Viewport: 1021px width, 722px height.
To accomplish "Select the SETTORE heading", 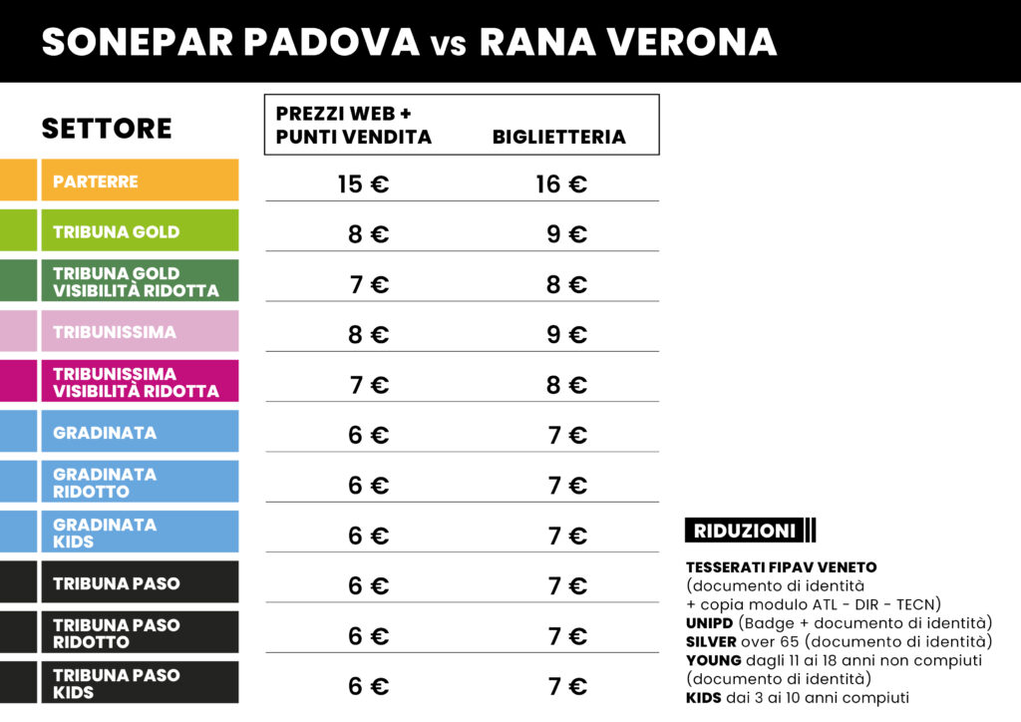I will [x=107, y=129].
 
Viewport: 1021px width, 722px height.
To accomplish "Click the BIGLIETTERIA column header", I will [x=558, y=138].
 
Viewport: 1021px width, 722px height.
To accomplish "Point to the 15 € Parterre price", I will [x=363, y=184].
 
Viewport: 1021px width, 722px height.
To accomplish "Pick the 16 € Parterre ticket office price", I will [x=561, y=184].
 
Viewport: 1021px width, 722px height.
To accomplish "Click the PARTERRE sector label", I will [x=96, y=181].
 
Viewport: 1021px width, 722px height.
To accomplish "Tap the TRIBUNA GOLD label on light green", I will [x=117, y=232].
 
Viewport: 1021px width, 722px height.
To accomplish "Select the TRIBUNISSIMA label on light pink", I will [x=115, y=332].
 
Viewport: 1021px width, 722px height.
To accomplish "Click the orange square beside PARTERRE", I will [x=18, y=180].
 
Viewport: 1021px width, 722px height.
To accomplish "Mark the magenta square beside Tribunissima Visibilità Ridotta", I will [x=18, y=382].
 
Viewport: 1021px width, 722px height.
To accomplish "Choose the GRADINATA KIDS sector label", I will [x=105, y=533].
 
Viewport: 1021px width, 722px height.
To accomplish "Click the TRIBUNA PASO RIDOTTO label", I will [x=117, y=633].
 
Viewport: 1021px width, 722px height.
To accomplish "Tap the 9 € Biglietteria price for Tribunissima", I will [x=566, y=335].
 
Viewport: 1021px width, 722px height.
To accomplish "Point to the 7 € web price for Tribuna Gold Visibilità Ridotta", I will [x=368, y=285].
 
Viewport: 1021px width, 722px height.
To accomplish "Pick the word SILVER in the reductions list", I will [x=712, y=641].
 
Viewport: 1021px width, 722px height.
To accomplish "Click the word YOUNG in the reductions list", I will [x=713, y=659].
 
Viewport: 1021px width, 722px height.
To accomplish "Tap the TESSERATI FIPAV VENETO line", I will [x=781, y=567].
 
